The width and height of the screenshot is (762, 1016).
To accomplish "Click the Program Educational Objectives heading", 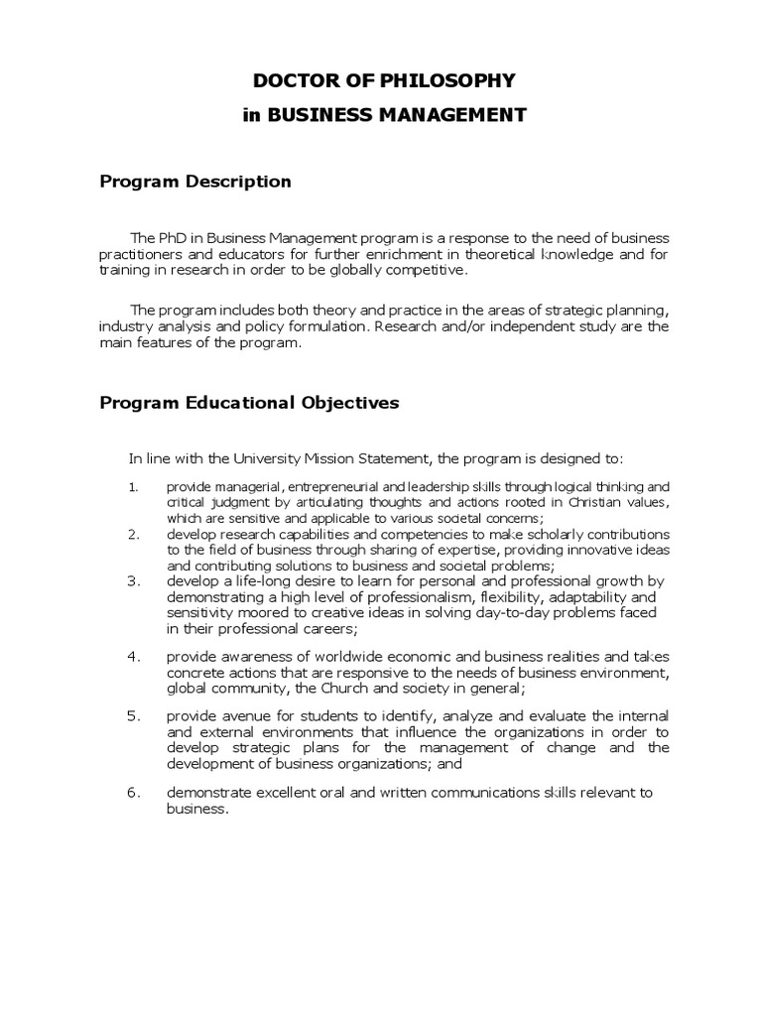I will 249,403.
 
